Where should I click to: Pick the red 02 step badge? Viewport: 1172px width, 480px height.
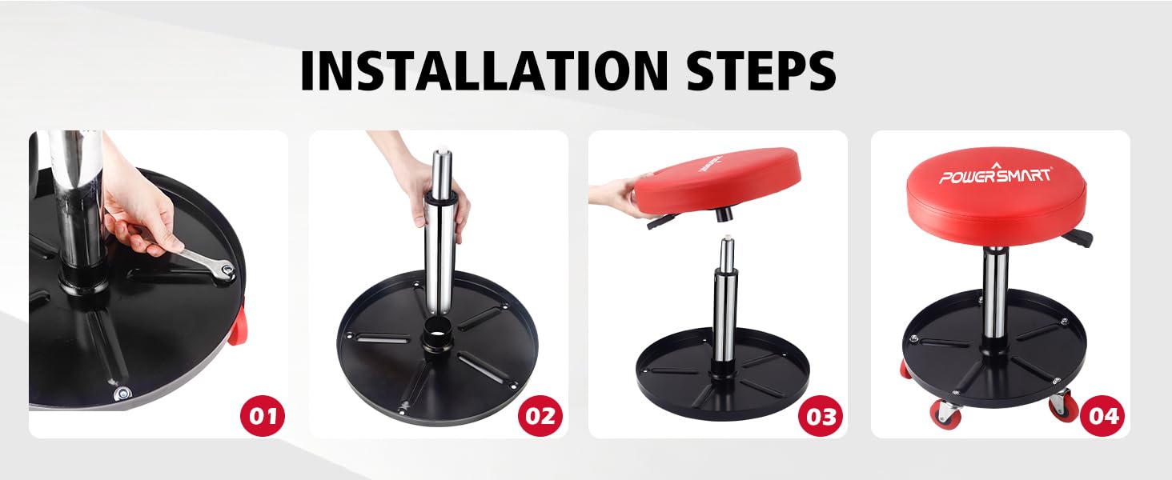(540, 415)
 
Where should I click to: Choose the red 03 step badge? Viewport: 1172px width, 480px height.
(821, 415)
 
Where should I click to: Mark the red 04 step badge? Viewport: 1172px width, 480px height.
(1102, 415)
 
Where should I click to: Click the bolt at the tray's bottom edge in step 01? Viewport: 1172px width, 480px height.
(122, 394)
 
